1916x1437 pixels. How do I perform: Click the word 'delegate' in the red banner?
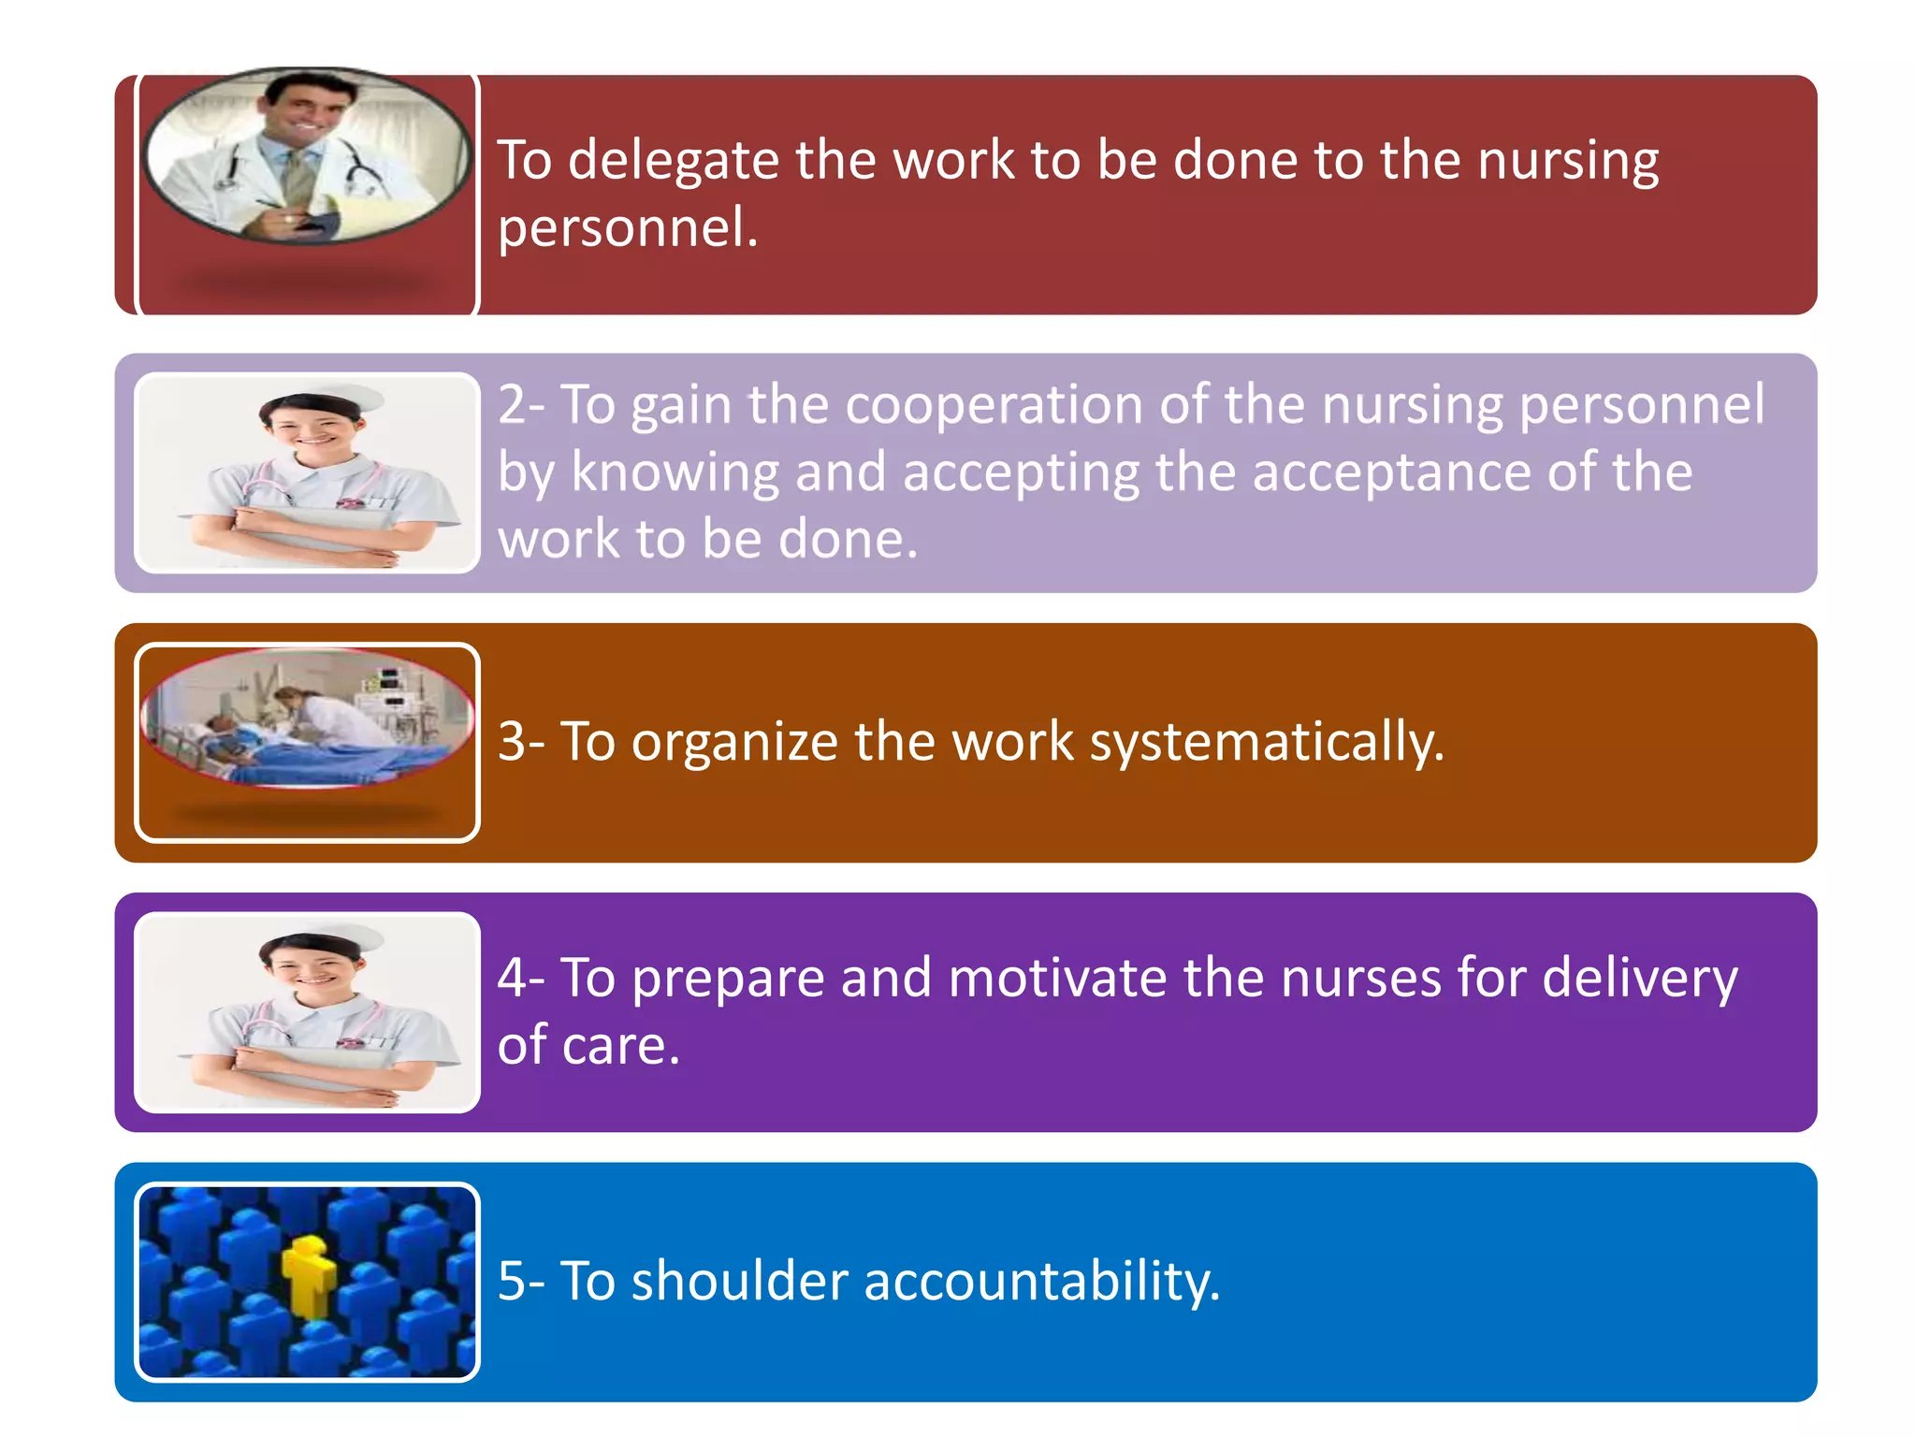click(x=673, y=161)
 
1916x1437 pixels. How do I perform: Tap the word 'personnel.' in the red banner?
click(x=627, y=227)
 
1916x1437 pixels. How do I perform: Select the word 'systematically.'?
click(x=1268, y=744)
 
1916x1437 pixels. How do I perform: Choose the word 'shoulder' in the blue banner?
click(x=739, y=1281)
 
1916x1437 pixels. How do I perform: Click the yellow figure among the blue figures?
click(x=309, y=1272)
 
